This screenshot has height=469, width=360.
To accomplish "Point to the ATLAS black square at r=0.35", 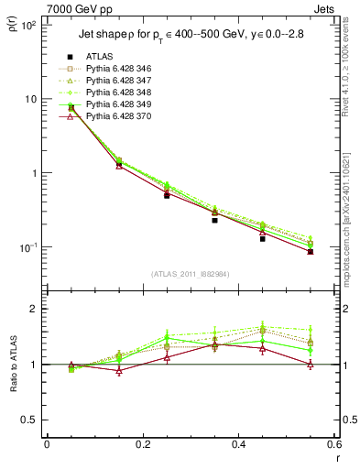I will pyautogui.click(x=214, y=220).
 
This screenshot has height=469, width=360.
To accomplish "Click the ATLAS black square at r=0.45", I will pyautogui.click(x=263, y=238).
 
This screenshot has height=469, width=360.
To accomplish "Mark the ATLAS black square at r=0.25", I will pyautogui.click(x=167, y=195).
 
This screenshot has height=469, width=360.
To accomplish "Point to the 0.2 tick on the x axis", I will pyautogui.click(x=142, y=445).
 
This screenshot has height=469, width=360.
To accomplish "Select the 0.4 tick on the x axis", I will pyautogui.click(x=238, y=445).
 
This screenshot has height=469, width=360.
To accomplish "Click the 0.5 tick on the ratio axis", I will pyautogui.click(x=29, y=420).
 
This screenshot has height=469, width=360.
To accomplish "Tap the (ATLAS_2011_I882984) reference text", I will pyautogui.click(x=190, y=274).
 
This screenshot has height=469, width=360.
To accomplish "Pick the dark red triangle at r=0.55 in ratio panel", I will pyautogui.click(x=311, y=364).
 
